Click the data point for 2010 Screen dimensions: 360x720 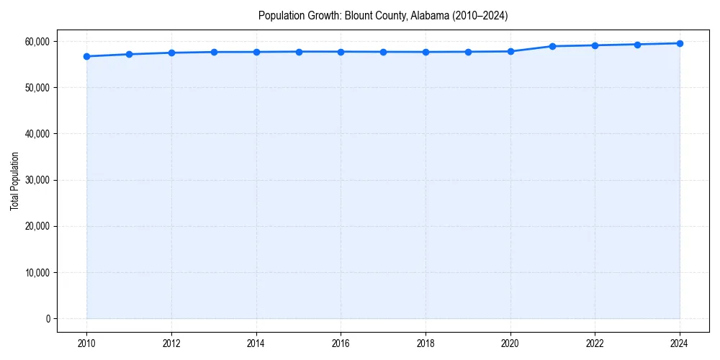[x=86, y=56]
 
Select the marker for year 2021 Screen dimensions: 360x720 [x=552, y=46]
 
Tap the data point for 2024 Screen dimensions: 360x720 [x=680, y=43]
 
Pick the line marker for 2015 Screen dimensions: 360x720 [x=298, y=52]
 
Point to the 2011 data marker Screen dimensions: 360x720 [x=129, y=54]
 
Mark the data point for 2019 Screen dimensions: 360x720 [x=468, y=52]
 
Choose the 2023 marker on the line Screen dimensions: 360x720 [x=637, y=45]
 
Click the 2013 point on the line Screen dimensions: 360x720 [x=214, y=52]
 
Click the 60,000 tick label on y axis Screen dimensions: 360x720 [x=36, y=42]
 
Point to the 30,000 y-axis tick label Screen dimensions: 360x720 [x=36, y=180]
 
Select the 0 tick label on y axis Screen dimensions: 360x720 [x=48, y=319]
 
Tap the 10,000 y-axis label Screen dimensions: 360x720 [x=36, y=273]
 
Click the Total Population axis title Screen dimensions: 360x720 [x=14, y=180]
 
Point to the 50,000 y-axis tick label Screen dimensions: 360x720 [x=36, y=88]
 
